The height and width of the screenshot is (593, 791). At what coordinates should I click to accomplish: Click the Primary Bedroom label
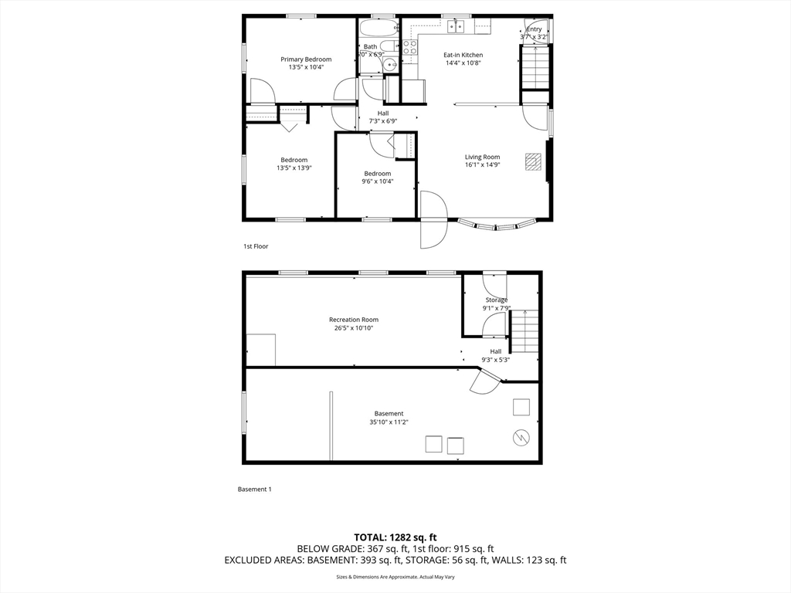(306, 59)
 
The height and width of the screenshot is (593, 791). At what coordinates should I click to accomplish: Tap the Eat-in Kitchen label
(463, 55)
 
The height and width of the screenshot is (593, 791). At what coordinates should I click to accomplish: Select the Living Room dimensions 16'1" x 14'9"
(482, 164)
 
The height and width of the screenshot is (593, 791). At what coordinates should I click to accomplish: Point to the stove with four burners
(409, 51)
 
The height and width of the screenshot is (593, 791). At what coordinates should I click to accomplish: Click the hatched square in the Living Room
(533, 161)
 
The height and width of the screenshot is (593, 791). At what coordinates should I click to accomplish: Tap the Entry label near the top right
(534, 29)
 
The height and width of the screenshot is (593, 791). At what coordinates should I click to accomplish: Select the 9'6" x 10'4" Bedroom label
(377, 174)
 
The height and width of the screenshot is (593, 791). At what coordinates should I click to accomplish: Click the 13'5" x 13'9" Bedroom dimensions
(294, 168)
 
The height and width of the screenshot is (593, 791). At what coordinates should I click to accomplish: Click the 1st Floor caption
(256, 246)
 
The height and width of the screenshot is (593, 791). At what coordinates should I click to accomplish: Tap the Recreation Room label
(354, 320)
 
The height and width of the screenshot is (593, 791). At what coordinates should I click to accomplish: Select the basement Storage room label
(496, 300)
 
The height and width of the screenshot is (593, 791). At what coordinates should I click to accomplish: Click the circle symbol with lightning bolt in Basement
(521, 438)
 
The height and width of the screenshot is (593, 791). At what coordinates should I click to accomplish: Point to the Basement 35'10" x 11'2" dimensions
(389, 422)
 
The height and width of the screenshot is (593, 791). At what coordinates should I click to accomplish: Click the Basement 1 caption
(254, 489)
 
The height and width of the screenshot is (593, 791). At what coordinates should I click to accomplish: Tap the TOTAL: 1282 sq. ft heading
(395, 537)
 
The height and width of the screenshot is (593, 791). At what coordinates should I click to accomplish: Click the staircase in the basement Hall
(524, 330)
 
